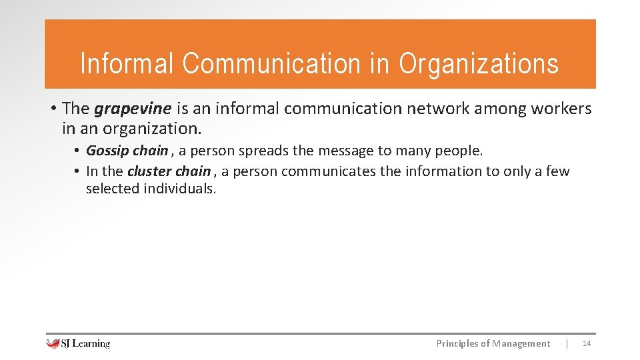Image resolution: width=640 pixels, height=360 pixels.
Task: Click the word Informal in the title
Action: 127,63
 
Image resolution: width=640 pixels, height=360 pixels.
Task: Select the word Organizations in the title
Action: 479,63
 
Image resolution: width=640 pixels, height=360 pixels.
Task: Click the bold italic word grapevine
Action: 133,109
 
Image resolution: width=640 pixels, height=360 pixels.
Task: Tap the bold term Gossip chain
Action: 127,151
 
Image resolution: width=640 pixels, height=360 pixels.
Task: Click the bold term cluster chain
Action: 169,171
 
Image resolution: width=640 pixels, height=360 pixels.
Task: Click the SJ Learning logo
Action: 78,343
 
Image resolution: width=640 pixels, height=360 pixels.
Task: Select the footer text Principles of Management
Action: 493,343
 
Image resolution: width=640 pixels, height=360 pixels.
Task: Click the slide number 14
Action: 587,343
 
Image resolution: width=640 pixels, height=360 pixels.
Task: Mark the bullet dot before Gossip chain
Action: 77,151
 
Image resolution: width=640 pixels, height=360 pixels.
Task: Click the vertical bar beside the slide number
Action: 567,343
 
